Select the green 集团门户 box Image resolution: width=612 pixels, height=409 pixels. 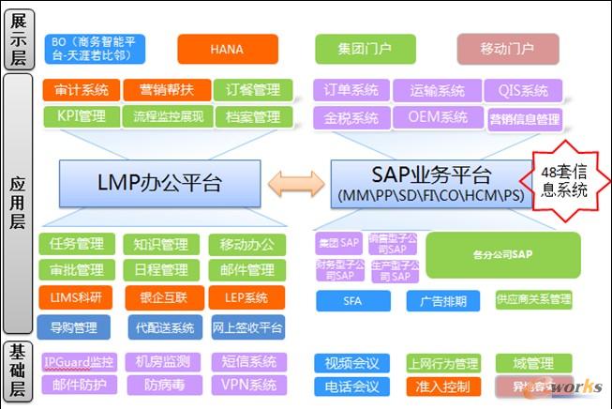click(x=366, y=48)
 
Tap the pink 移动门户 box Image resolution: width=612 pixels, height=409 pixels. click(x=507, y=48)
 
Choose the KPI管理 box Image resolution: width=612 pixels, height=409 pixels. click(x=79, y=117)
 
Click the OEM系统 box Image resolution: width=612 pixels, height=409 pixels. click(x=437, y=117)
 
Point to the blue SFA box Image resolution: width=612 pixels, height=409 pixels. click(x=352, y=300)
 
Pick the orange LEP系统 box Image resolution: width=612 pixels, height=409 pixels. click(x=246, y=297)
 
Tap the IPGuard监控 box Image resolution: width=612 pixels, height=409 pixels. click(x=79, y=361)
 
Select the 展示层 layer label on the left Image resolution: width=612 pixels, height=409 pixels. click(x=20, y=40)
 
